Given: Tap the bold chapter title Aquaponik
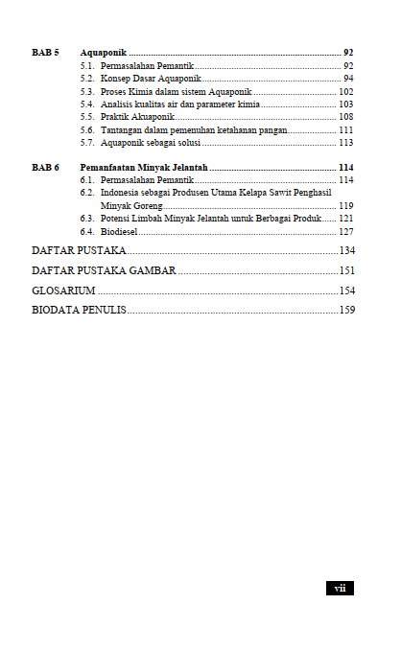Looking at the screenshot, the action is click(x=104, y=51).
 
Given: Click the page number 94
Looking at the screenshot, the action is click(x=347, y=78).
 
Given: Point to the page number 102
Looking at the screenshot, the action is click(x=345, y=91).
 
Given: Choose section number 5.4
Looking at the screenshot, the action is click(x=87, y=104).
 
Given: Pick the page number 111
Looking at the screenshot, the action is click(x=345, y=128).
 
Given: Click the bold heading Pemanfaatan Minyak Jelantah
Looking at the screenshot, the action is click(x=144, y=167).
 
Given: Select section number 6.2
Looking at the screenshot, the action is click(x=87, y=193).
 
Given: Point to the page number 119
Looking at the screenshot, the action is click(x=345, y=205).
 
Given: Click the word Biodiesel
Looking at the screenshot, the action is click(x=121, y=231).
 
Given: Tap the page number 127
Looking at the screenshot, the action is click(x=345, y=231).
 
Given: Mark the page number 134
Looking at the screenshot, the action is click(x=346, y=250).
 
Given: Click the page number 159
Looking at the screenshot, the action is click(x=346, y=310).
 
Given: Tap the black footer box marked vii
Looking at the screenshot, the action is click(x=340, y=588).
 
